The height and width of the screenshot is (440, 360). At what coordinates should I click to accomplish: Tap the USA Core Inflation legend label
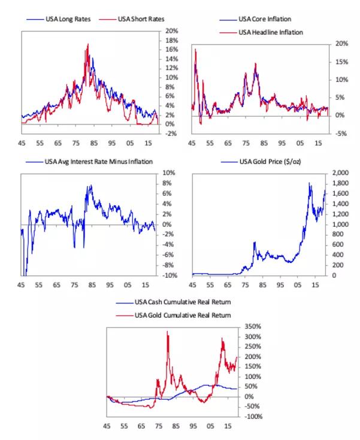tap(265, 19)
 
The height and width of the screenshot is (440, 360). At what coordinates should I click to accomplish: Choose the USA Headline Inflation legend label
tap(270, 32)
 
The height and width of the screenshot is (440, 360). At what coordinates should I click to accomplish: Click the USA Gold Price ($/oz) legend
tap(270, 162)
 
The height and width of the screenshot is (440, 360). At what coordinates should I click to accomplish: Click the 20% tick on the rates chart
tap(172, 31)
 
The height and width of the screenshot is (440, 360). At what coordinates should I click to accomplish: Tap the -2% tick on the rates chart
tap(171, 133)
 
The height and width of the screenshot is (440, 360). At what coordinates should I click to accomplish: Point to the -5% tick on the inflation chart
tap(341, 133)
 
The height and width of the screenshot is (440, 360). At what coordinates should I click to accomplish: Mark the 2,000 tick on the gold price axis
tap(340, 173)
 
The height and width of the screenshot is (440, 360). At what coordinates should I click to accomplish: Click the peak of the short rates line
tap(88, 44)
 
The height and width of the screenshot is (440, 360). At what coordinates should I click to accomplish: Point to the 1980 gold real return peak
tap(167, 332)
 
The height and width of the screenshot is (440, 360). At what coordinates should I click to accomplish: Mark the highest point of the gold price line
tap(310, 183)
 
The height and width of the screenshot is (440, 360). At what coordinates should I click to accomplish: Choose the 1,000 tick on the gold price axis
tap(340, 224)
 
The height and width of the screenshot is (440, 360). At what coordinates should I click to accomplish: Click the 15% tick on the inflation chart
tap(341, 62)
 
